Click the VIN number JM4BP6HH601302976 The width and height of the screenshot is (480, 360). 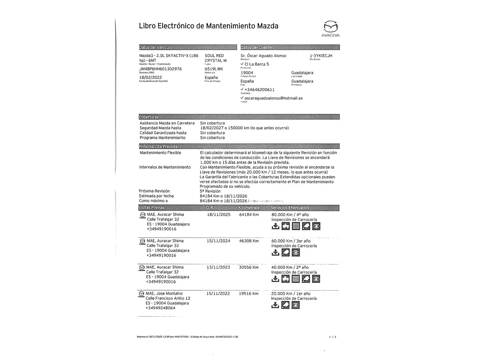click(160, 69)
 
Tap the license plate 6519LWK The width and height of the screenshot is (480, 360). click(214, 69)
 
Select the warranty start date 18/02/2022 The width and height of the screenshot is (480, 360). click(150, 77)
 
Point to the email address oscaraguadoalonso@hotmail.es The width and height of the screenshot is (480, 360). click(273, 98)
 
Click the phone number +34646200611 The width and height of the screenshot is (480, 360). click(259, 90)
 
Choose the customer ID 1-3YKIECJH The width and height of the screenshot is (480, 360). click(321, 56)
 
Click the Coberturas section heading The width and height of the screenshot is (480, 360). click(149, 117)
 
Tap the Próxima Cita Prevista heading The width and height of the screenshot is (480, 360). click(158, 146)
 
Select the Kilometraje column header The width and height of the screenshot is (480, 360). click(249, 208)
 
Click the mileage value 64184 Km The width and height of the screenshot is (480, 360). click(249, 215)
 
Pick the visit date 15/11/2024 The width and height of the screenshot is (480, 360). click(218, 241)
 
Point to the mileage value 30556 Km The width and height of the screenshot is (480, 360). click(249, 267)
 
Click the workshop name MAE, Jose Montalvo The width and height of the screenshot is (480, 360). click(164, 294)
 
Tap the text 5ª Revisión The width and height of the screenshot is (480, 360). click(210, 191)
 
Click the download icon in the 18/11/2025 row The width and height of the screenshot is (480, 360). click(275, 226)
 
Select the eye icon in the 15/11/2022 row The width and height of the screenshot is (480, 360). click(296, 305)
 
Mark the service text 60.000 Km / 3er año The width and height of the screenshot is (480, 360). click(291, 241)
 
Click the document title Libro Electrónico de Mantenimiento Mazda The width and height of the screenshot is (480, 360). click(208, 26)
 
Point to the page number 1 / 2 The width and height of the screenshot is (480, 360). click(333, 337)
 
